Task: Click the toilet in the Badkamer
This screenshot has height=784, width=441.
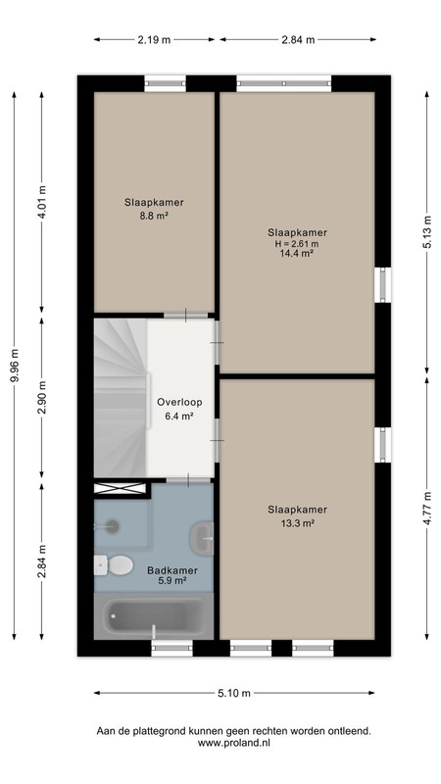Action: tap(114, 565)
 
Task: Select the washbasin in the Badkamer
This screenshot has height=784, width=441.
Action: tap(202, 538)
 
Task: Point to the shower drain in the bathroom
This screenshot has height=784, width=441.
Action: tap(113, 525)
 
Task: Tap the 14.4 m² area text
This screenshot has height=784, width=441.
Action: tap(297, 254)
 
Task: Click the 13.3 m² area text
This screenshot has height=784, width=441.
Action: tap(297, 523)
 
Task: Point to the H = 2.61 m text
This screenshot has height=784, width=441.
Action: tap(297, 243)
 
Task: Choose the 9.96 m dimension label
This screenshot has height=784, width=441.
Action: tap(14, 366)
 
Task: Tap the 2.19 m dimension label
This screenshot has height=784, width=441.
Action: tap(154, 40)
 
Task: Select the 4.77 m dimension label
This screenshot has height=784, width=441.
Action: tap(426, 508)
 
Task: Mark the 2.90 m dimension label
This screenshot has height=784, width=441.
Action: tap(42, 398)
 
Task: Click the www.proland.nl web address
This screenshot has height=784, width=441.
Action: tap(234, 743)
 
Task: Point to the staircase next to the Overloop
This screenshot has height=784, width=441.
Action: tap(121, 398)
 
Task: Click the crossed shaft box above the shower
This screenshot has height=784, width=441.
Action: tap(120, 488)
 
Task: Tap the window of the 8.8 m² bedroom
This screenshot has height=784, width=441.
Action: tap(165, 83)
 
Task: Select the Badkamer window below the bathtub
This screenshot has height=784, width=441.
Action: tap(172, 648)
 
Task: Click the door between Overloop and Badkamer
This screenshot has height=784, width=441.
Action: tap(188, 480)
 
